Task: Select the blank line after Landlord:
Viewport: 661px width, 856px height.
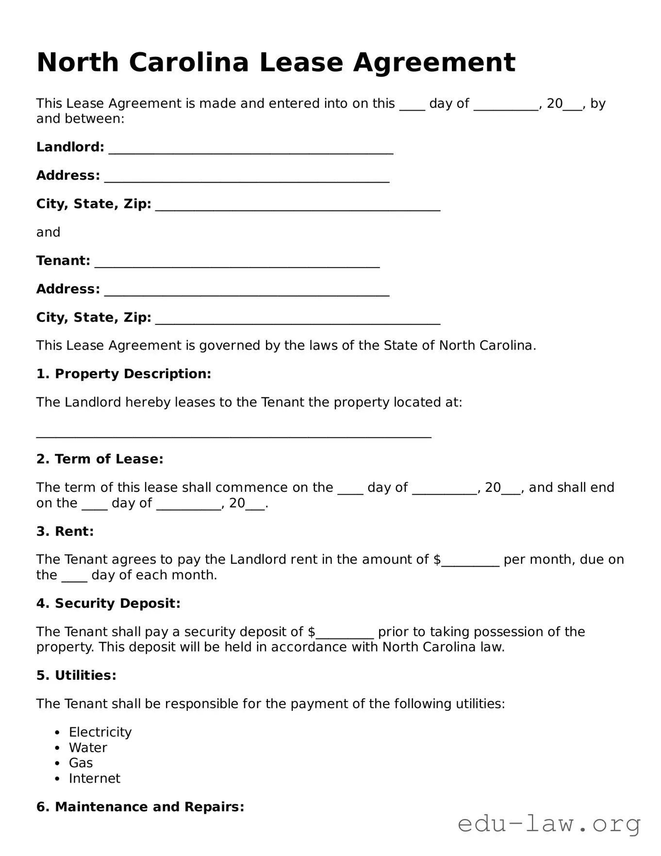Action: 250,149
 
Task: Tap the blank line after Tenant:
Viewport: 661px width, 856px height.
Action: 237,263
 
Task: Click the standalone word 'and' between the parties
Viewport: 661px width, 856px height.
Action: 48,232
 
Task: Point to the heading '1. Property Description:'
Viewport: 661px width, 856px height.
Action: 124,374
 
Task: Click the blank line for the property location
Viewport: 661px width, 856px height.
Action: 233,433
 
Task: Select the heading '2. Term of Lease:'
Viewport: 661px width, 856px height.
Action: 99,459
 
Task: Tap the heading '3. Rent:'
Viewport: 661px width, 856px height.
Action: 65,531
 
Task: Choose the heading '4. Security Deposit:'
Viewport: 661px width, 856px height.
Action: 108,604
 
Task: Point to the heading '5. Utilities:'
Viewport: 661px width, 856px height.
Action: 76,675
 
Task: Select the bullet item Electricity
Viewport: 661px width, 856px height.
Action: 100,732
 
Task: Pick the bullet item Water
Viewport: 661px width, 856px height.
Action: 88,748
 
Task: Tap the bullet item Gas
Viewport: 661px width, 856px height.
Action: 81,763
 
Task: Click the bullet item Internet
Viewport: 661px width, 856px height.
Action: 94,778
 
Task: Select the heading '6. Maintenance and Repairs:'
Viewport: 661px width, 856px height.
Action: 140,807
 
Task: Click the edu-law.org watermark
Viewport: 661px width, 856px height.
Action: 549,824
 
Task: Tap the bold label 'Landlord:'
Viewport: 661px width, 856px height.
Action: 70,147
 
